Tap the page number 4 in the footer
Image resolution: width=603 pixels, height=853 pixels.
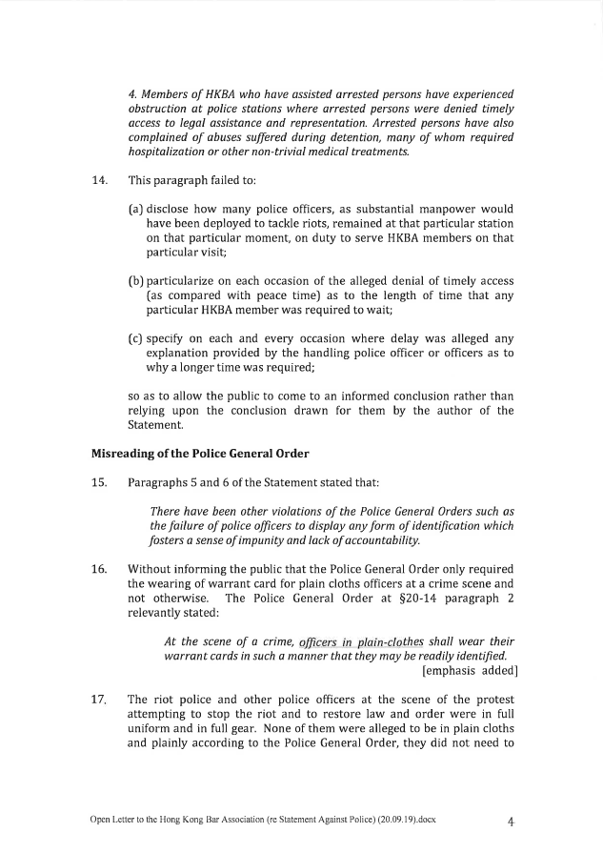click(x=511, y=820)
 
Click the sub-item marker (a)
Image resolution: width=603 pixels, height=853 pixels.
click(x=135, y=209)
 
